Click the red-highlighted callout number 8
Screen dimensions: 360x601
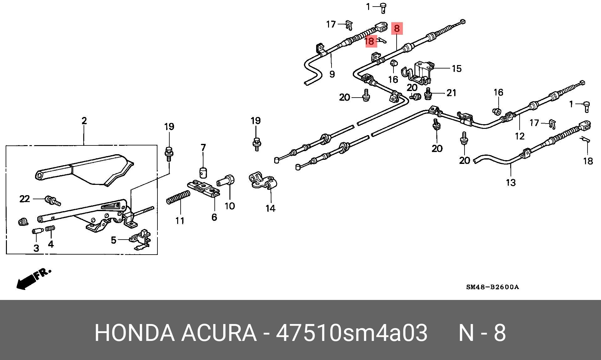pyautogui.click(x=397, y=28)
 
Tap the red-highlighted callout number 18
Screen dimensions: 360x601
pyautogui.click(x=370, y=41)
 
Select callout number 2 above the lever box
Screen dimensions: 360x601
pyautogui.click(x=84, y=121)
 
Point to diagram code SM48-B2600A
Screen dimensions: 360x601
pyautogui.click(x=492, y=287)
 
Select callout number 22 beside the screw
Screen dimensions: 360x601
pyautogui.click(x=25, y=199)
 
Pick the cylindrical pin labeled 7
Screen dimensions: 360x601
pyautogui.click(x=204, y=172)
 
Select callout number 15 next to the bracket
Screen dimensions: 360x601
pyautogui.click(x=457, y=68)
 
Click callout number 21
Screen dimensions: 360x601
pyautogui.click(x=451, y=93)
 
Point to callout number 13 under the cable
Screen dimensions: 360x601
pyautogui.click(x=511, y=182)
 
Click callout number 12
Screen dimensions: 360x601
pyautogui.click(x=519, y=136)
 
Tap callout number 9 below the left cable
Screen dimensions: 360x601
pyautogui.click(x=332, y=74)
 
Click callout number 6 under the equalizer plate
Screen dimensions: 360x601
pyautogui.click(x=214, y=217)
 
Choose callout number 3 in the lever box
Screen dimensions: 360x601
pyautogui.click(x=36, y=248)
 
